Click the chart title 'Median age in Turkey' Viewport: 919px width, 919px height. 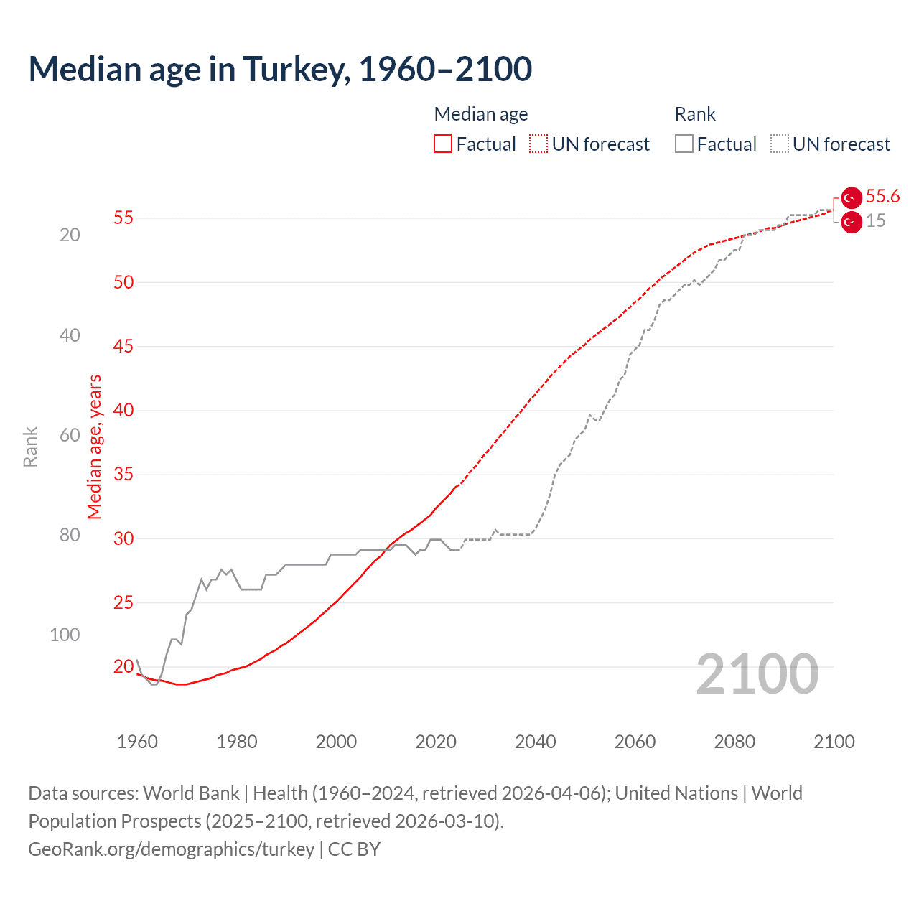point(280,69)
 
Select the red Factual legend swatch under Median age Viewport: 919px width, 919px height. point(443,144)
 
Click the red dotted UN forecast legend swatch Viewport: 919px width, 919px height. point(538,144)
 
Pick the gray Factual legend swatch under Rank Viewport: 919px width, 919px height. point(684,144)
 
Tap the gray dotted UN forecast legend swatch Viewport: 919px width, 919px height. point(780,144)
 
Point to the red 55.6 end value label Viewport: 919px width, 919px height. point(882,197)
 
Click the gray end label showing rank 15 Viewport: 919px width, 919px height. point(875,221)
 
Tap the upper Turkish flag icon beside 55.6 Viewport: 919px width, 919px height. point(852,197)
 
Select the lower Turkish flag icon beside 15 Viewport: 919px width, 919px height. point(852,223)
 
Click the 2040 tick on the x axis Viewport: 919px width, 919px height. point(536,742)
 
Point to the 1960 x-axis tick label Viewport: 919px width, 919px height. point(137,742)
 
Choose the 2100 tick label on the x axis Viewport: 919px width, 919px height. point(834,742)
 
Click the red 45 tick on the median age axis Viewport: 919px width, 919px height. point(123,346)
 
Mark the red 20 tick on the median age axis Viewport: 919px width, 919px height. point(123,666)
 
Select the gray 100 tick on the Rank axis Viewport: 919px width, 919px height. point(65,635)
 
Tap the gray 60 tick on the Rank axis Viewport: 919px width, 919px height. point(70,435)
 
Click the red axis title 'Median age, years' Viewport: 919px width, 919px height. point(95,447)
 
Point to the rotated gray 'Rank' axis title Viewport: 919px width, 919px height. point(30,447)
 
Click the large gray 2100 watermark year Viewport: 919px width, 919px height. point(757,674)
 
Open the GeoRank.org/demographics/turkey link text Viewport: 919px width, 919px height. point(172,849)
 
